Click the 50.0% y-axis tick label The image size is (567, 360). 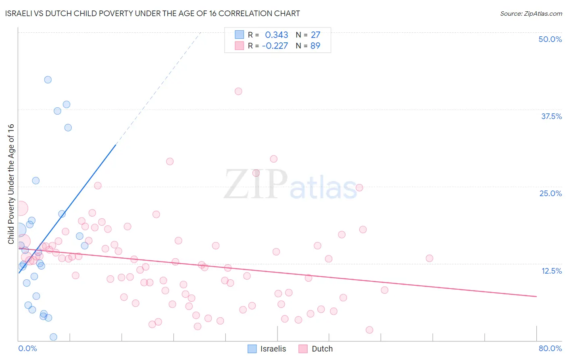(x=550, y=39)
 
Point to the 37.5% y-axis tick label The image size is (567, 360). (x=551, y=116)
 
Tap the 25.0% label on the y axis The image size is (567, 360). (x=550, y=193)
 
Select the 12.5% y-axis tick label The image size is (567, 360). (x=551, y=271)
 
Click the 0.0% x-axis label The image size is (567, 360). (x=27, y=348)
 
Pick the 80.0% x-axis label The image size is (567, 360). (x=550, y=348)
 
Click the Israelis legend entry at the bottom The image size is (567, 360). (x=267, y=349)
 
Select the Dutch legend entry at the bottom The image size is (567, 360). (x=316, y=349)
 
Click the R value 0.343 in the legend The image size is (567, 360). (x=276, y=35)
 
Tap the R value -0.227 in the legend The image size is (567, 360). (x=275, y=46)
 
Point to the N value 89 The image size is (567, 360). (x=315, y=46)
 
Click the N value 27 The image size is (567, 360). (x=315, y=35)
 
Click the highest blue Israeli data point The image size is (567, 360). (x=48, y=80)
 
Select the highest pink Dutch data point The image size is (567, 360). (x=238, y=91)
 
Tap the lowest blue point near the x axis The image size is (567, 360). (x=53, y=337)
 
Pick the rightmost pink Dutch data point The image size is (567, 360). (x=429, y=258)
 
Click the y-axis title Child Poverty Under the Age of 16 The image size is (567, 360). (x=11, y=184)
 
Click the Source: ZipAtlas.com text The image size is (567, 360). (x=531, y=14)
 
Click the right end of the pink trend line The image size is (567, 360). (x=536, y=297)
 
